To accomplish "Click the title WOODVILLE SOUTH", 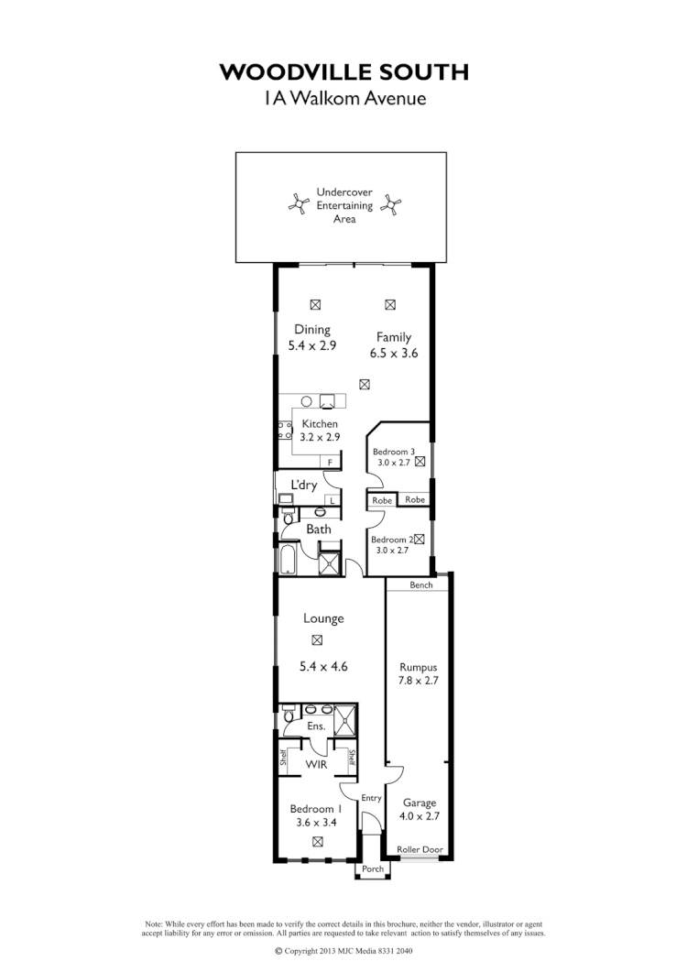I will coord(343,71).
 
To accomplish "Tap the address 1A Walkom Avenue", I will coord(343,98).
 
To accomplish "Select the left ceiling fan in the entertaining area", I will coord(297,205).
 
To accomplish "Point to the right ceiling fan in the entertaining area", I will coord(393,205).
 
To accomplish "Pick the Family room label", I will coord(394,337).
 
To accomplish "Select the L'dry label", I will coord(304,485).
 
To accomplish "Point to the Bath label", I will coord(319,530).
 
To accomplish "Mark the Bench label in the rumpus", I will coord(420,584).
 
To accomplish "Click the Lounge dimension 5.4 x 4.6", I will coord(324,668).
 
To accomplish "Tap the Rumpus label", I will coord(418,667).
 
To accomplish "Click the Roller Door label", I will coord(420,850).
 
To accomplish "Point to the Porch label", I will coord(373,868).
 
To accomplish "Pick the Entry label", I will coord(370,798).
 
